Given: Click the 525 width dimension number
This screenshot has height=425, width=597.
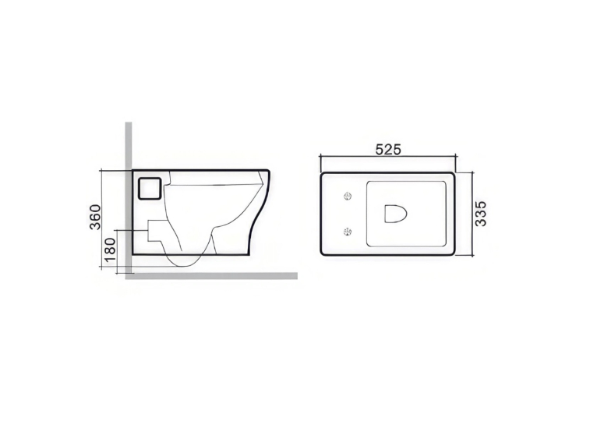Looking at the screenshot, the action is click(x=388, y=150).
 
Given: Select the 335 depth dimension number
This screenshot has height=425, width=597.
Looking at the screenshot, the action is click(x=481, y=214).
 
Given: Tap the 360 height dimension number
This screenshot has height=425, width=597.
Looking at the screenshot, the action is click(x=95, y=217).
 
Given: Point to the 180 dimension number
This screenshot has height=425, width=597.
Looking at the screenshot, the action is click(x=110, y=250).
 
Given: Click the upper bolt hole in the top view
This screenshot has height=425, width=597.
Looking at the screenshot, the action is click(x=348, y=197).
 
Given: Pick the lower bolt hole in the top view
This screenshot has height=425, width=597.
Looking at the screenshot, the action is click(x=348, y=231).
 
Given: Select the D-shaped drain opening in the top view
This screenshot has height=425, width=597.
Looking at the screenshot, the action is click(x=396, y=214).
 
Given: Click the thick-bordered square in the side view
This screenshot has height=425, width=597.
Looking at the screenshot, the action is click(x=150, y=188).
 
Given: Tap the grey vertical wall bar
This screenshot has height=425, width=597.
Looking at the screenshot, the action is click(x=129, y=198).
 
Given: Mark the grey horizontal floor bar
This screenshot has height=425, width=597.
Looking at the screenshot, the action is click(x=211, y=276).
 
